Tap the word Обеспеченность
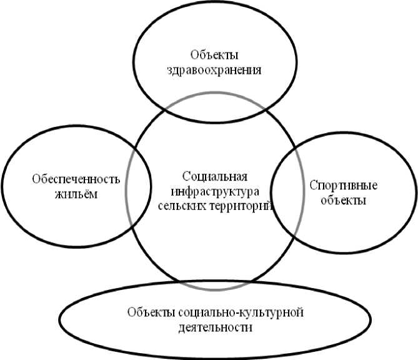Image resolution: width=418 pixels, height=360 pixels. [76, 178]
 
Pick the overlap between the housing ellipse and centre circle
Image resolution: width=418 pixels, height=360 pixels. [139, 187]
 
